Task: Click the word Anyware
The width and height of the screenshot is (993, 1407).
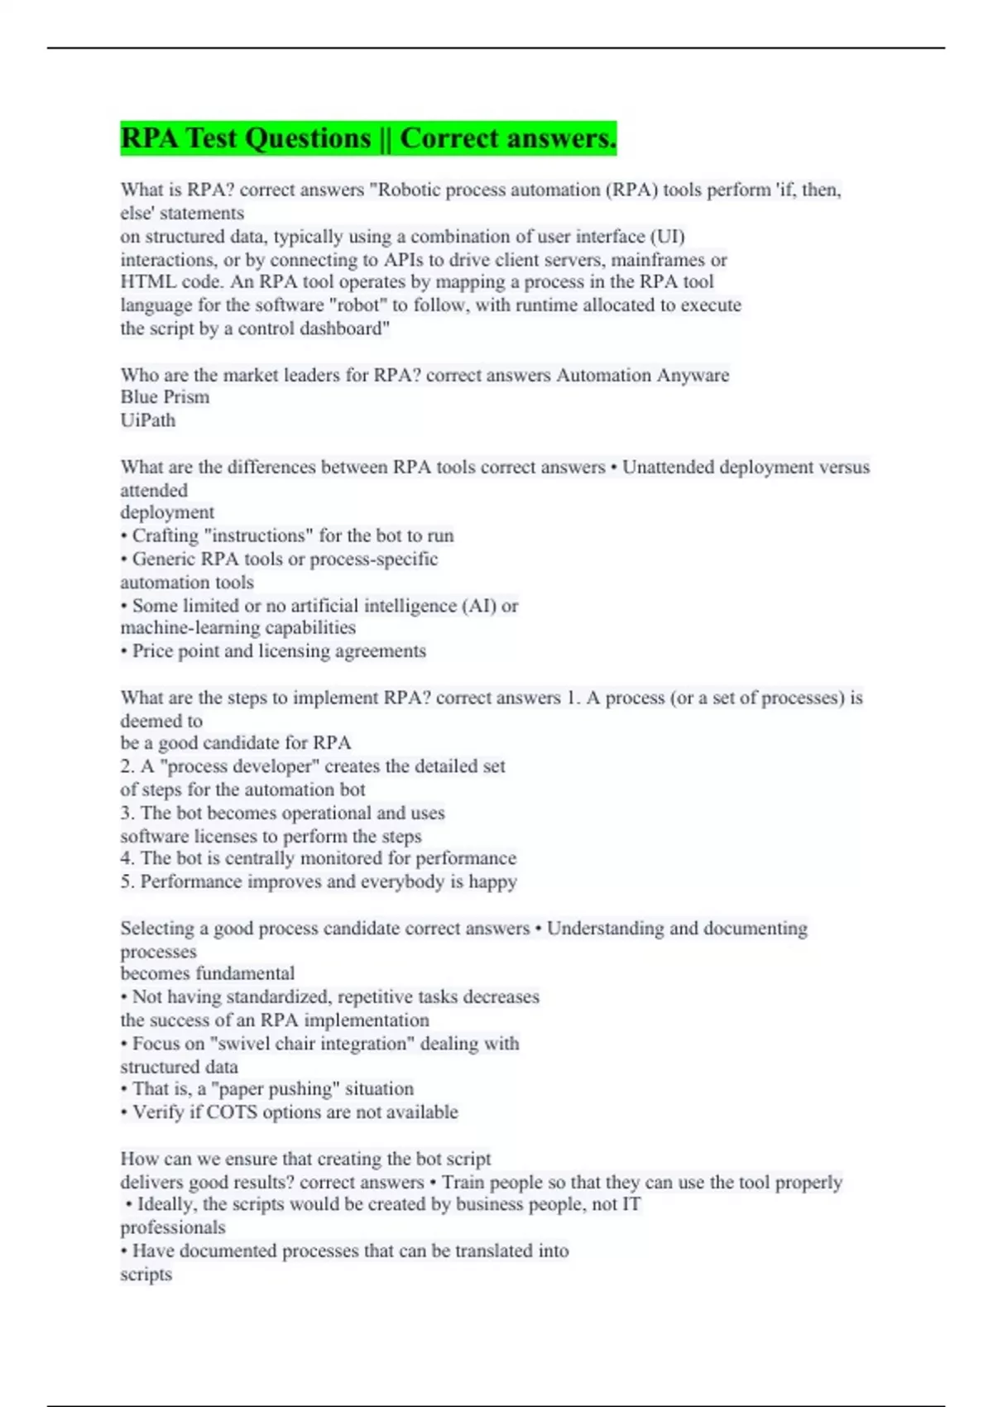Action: pos(693,375)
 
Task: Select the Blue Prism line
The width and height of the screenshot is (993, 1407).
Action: pos(165,397)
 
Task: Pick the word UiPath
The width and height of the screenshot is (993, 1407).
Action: pos(148,420)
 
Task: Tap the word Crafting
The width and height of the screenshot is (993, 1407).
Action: pos(164,536)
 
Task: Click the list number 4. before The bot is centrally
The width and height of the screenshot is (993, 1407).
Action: pos(127,858)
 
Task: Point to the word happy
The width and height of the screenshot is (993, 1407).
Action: pos(492,881)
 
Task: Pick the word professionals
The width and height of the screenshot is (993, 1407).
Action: pos(172,1227)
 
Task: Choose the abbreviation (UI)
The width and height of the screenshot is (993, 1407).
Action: pos(667,237)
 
